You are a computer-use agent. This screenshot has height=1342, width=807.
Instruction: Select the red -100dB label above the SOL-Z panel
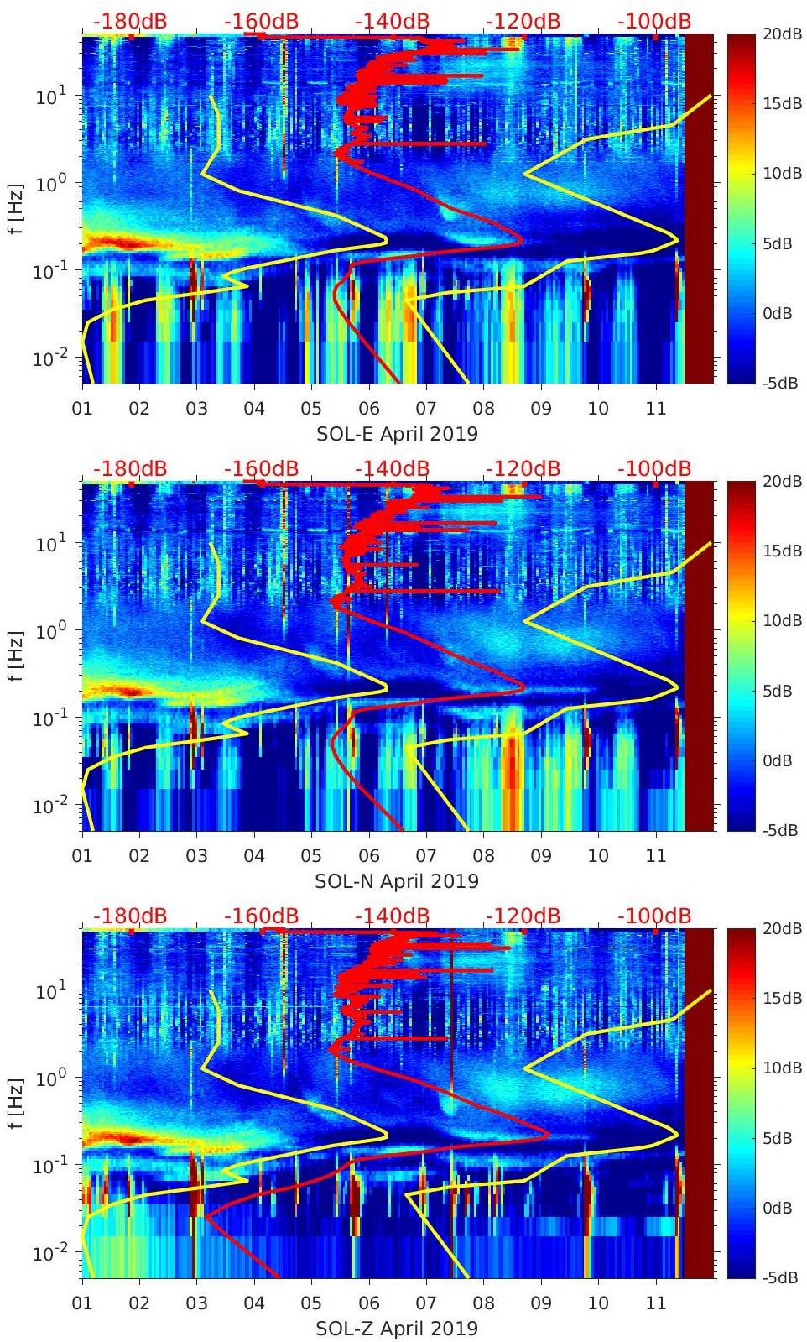click(654, 916)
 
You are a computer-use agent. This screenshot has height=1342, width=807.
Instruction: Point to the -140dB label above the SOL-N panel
click(393, 468)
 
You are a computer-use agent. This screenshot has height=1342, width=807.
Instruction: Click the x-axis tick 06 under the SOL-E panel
click(369, 409)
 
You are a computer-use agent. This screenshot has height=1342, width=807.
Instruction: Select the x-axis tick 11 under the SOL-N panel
click(656, 856)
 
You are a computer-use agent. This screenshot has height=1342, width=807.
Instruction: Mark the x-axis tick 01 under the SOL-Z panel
click(82, 1303)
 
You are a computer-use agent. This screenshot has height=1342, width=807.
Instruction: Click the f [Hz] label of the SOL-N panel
click(14, 656)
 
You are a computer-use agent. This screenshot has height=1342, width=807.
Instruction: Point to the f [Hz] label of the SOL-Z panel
click(14, 1104)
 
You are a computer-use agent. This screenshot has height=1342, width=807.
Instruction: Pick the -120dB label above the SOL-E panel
click(524, 21)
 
